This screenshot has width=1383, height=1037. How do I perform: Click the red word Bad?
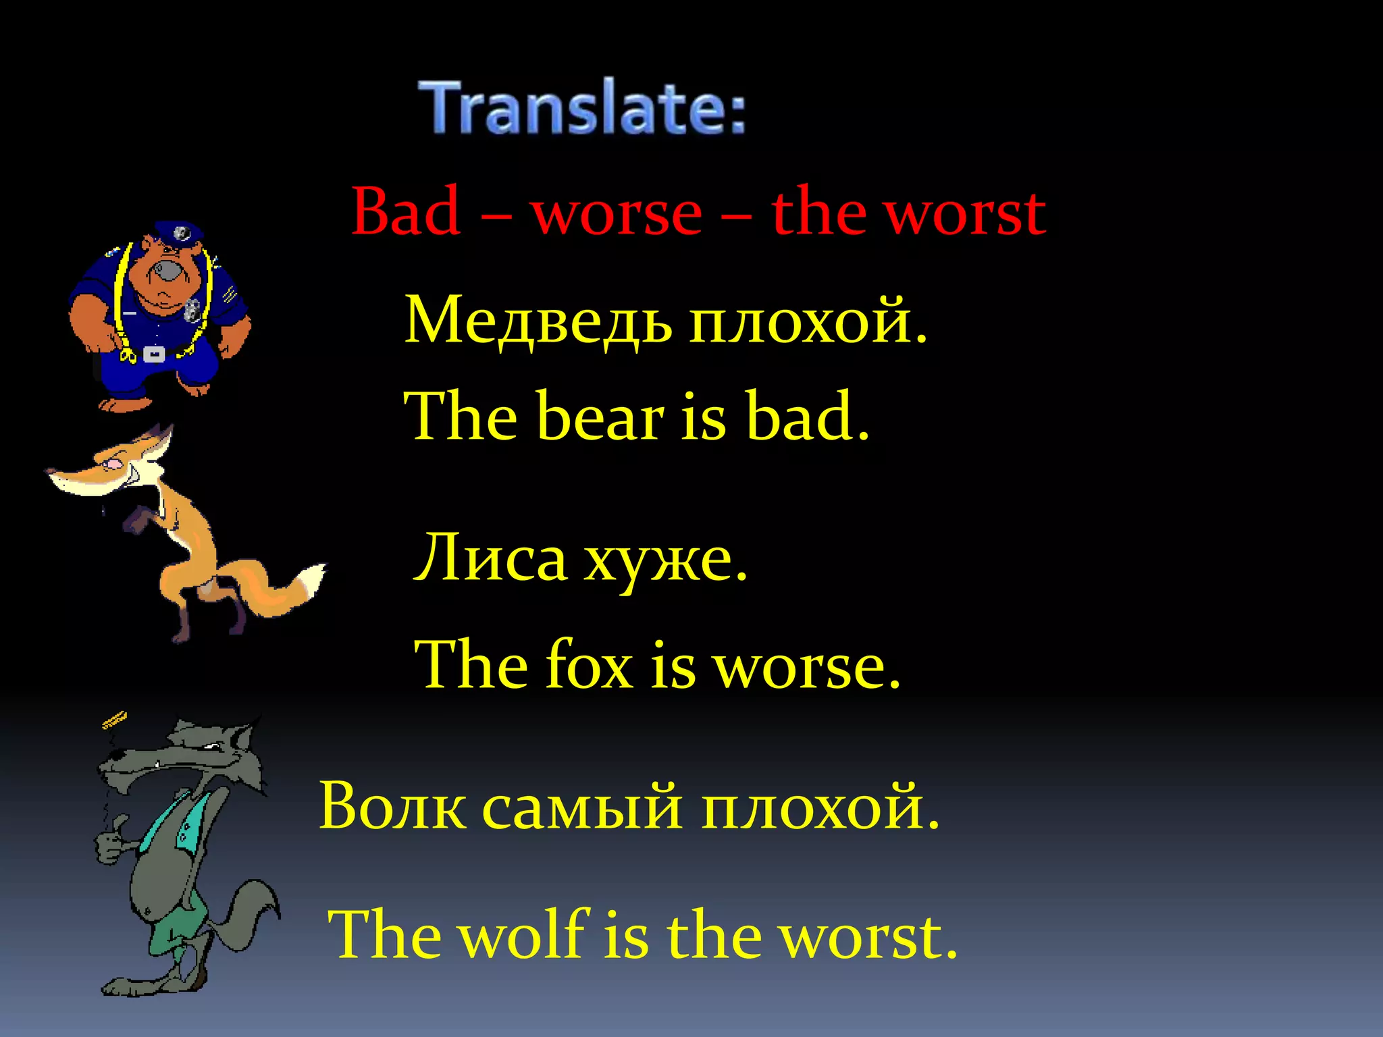(406, 212)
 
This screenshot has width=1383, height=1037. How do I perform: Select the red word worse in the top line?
(617, 215)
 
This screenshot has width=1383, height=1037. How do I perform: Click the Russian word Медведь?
(538, 321)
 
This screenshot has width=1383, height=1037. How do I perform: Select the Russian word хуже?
(658, 560)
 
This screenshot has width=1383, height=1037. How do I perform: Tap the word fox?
(589, 665)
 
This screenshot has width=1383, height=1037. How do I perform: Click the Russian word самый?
(581, 807)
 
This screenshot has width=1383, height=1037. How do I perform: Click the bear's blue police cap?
(178, 232)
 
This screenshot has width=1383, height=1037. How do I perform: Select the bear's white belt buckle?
(154, 354)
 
